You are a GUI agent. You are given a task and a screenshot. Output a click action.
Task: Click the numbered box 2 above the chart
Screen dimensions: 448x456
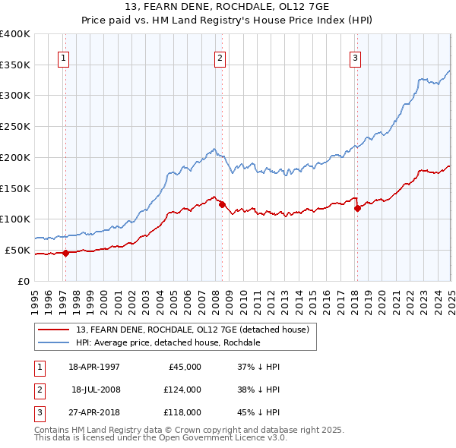pos(220,59)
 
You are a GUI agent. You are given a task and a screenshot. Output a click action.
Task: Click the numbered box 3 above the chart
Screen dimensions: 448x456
pos(355,59)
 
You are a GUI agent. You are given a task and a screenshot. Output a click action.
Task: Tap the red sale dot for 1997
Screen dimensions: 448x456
pos(66,254)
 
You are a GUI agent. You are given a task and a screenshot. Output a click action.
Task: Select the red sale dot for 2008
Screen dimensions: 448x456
pos(222,204)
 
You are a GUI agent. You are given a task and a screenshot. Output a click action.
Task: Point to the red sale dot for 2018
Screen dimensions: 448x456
pos(358,208)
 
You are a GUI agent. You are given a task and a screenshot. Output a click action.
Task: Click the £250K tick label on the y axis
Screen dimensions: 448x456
pos(15,126)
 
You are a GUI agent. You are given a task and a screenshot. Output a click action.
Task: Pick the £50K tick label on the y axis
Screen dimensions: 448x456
pos(18,250)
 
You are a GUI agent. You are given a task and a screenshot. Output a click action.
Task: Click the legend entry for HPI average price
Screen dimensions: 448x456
pos(168,343)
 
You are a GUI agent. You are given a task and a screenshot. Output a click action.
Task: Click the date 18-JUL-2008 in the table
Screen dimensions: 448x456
pos(96,390)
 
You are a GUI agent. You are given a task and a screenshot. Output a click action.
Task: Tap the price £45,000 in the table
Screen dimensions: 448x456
pos(182,367)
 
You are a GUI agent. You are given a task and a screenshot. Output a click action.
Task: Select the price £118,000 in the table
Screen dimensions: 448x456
pos(182,412)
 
